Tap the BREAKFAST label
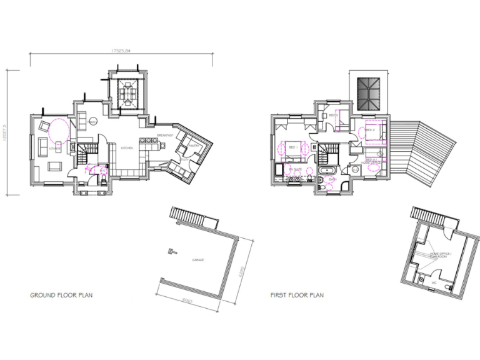165,136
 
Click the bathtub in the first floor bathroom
326,171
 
